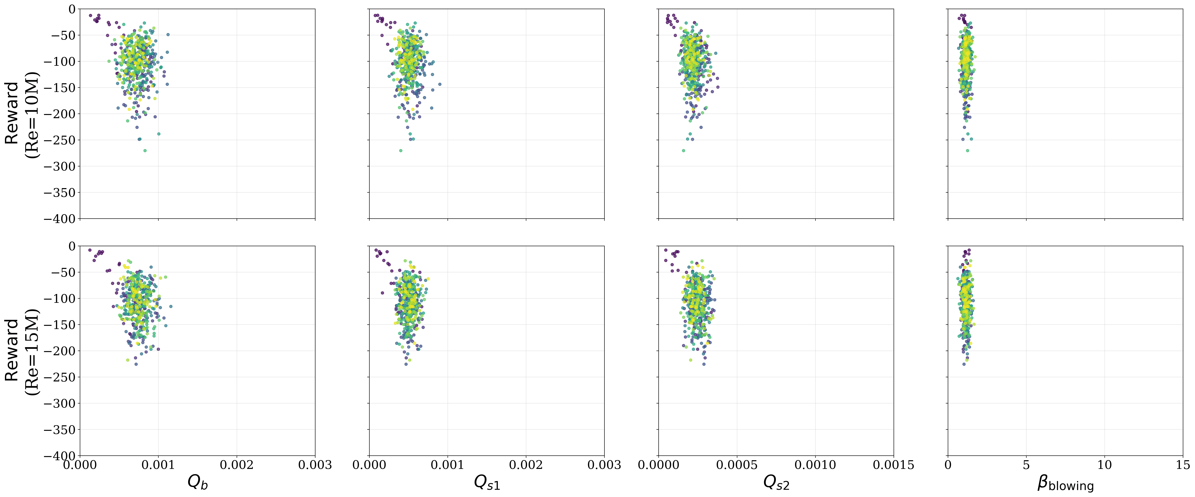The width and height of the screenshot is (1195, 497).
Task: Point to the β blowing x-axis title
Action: [1065, 484]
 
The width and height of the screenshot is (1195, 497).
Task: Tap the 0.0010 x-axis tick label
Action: [815, 465]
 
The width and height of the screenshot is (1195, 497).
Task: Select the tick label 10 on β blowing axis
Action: [1104, 465]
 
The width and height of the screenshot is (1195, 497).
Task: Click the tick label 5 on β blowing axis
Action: [1026, 465]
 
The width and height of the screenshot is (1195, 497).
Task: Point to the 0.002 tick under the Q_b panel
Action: [237, 465]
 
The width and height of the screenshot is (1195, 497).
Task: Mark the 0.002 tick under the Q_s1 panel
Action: [526, 465]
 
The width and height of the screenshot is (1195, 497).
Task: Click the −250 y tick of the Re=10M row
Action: [59, 140]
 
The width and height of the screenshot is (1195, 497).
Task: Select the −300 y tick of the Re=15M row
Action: [59, 403]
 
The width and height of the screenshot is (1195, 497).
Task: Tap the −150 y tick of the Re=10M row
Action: [59, 88]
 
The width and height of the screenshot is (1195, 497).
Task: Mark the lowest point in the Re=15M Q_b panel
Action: [136, 364]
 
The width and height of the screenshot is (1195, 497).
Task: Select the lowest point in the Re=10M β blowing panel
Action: [967, 150]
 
